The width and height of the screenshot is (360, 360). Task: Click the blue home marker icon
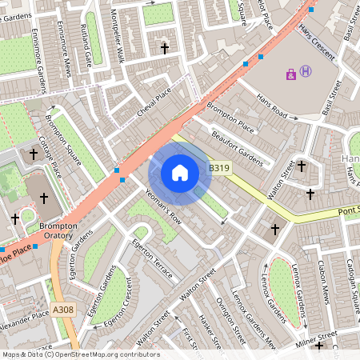point(180,173)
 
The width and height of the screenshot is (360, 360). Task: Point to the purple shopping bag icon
point(290,74)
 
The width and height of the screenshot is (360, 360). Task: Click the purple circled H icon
point(306,74)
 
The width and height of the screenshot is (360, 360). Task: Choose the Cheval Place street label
point(154,103)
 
